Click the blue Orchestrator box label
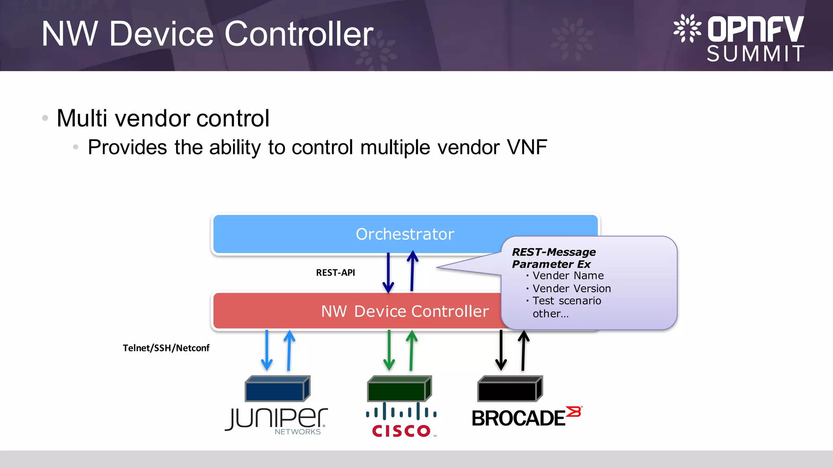point(405,234)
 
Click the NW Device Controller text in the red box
point(405,311)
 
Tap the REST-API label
point(336,273)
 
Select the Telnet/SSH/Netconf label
point(166,348)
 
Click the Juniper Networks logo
point(277,420)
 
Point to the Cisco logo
point(401,420)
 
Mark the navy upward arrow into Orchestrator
point(412,271)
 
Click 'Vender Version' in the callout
point(571,288)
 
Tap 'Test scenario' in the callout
point(567,301)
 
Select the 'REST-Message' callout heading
point(554,252)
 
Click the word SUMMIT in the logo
point(755,54)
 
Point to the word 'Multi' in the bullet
point(82,118)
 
